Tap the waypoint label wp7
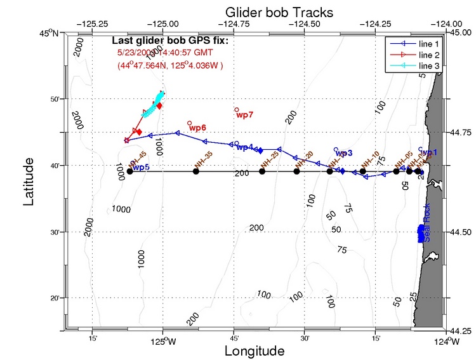245,115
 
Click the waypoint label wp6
197,128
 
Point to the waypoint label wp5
141,167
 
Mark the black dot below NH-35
196,171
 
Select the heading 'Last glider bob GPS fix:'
169,42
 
